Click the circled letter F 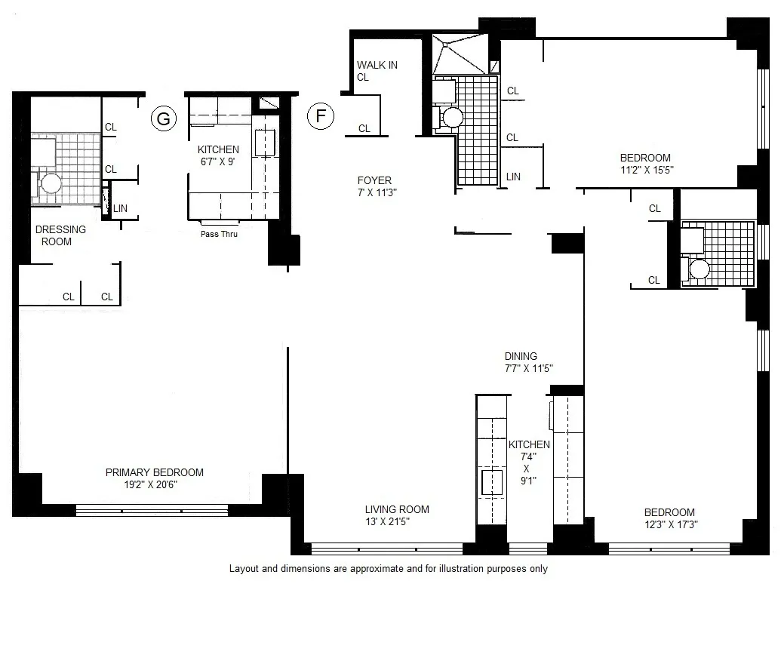click(321, 116)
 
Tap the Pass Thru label click(219, 234)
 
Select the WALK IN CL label click(377, 71)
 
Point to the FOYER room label click(374, 180)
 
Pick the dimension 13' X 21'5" click(397, 521)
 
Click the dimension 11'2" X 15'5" click(645, 171)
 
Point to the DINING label click(521, 356)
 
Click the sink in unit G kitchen click(265, 142)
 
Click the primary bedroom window click(152, 510)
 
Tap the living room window click(387, 549)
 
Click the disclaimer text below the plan click(388, 569)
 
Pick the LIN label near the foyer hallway click(513, 177)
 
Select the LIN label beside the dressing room click(120, 207)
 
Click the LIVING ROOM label click(397, 509)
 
